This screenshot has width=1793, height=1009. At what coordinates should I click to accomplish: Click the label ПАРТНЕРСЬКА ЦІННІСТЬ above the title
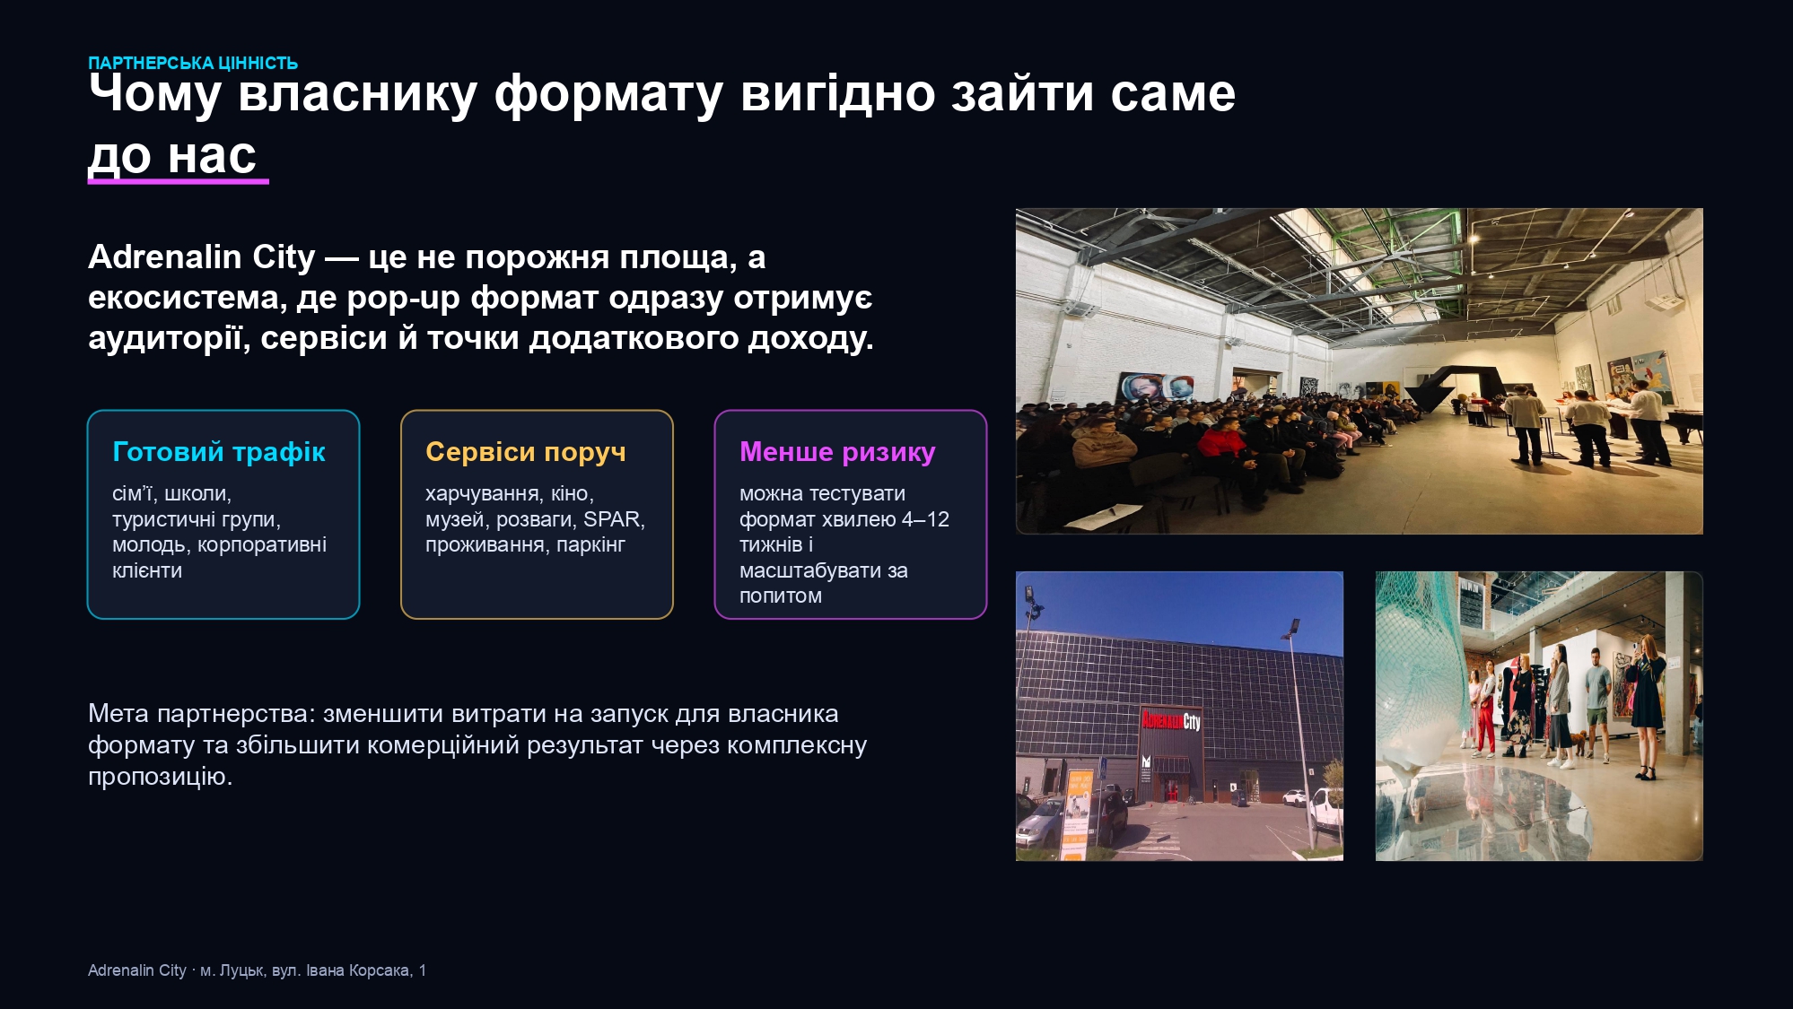pos(193,63)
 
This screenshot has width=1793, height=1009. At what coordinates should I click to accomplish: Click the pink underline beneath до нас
pos(179,181)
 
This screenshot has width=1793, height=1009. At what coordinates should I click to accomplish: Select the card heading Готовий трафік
pos(219,452)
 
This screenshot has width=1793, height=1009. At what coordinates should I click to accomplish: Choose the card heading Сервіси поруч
pos(526,452)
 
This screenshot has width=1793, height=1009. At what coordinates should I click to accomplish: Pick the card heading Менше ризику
pos(837,452)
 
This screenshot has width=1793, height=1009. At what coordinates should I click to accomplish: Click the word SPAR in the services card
pos(611,519)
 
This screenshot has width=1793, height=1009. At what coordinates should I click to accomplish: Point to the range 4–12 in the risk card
pos(925,519)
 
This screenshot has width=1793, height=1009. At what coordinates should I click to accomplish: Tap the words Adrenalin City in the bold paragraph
pos(202,257)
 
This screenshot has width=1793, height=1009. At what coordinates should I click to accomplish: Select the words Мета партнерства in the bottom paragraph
pos(201,714)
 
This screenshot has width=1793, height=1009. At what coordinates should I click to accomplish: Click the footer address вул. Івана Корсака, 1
pos(349,970)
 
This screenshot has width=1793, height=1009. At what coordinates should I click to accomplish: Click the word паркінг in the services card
pos(590,545)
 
